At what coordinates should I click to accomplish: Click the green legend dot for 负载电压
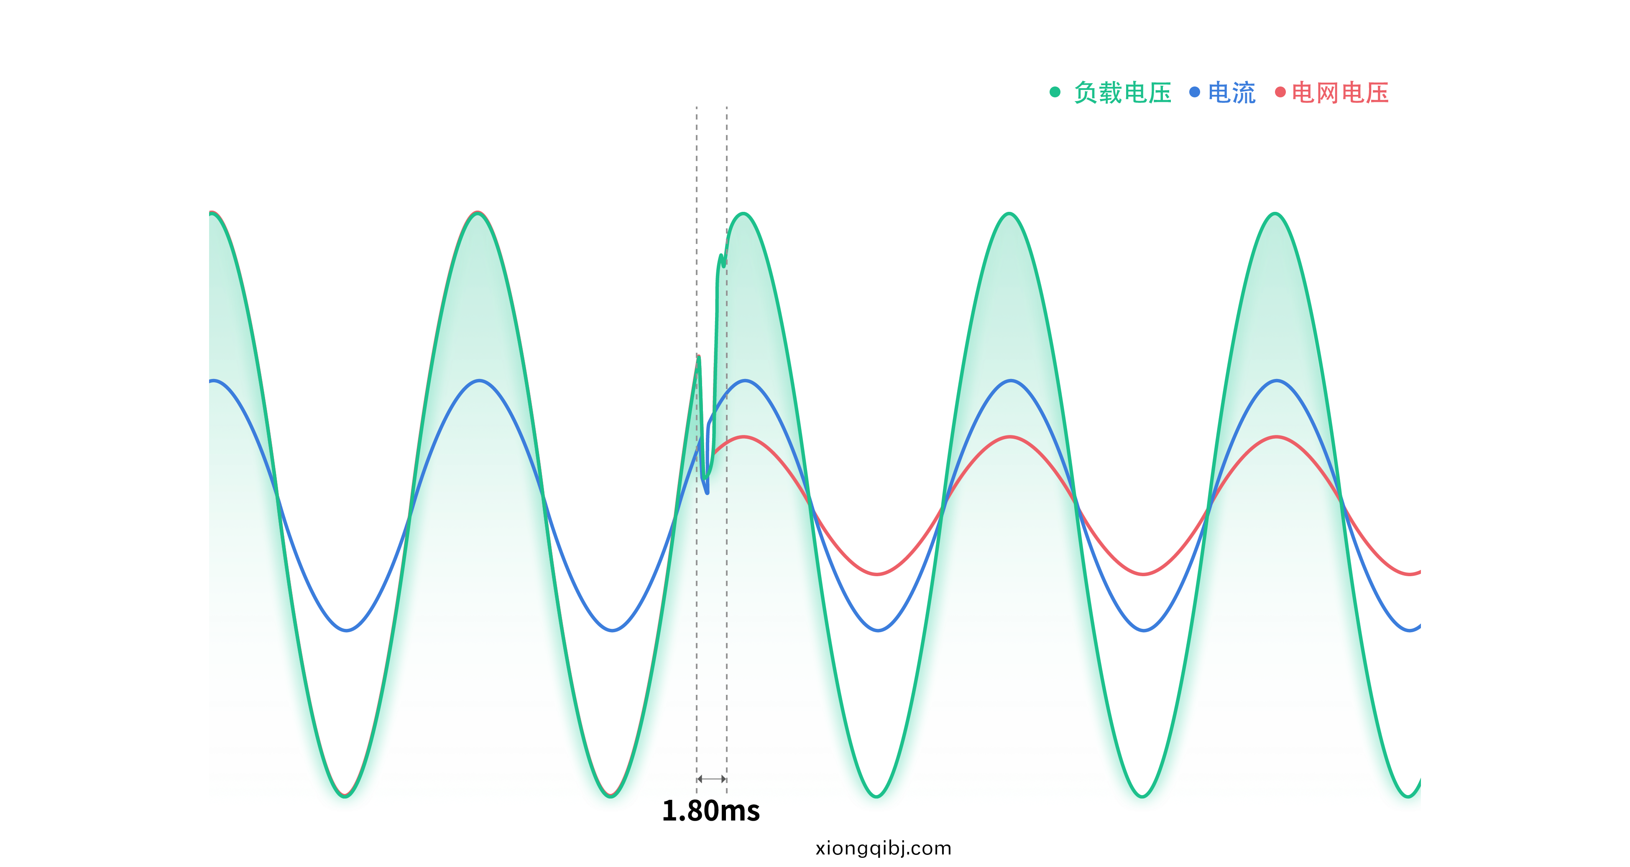pos(1055,92)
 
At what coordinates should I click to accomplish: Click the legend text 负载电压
pos(1122,93)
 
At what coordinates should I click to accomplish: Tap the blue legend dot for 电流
pos(1195,92)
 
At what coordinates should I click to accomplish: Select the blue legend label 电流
pos(1231,93)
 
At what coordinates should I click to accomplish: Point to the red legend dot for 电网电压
pos(1280,92)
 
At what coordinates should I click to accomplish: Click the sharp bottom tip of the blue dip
pos(708,493)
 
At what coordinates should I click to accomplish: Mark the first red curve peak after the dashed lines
pos(745,437)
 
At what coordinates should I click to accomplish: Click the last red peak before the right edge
pos(1277,437)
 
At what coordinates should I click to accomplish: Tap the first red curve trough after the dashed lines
pos(878,574)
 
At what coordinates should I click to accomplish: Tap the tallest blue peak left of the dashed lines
pos(480,381)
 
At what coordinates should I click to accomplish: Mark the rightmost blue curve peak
pos(1277,381)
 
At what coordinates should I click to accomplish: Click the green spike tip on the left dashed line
pos(699,356)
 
